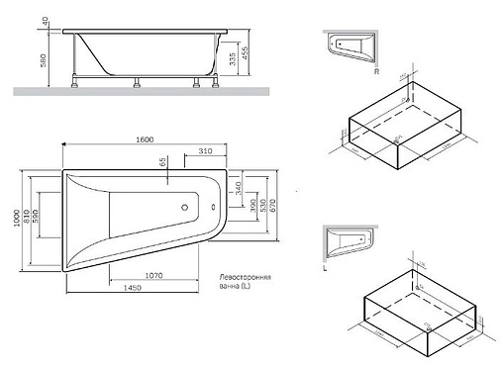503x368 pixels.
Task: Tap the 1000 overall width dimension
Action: point(13,220)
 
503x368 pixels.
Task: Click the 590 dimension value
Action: point(38,217)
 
